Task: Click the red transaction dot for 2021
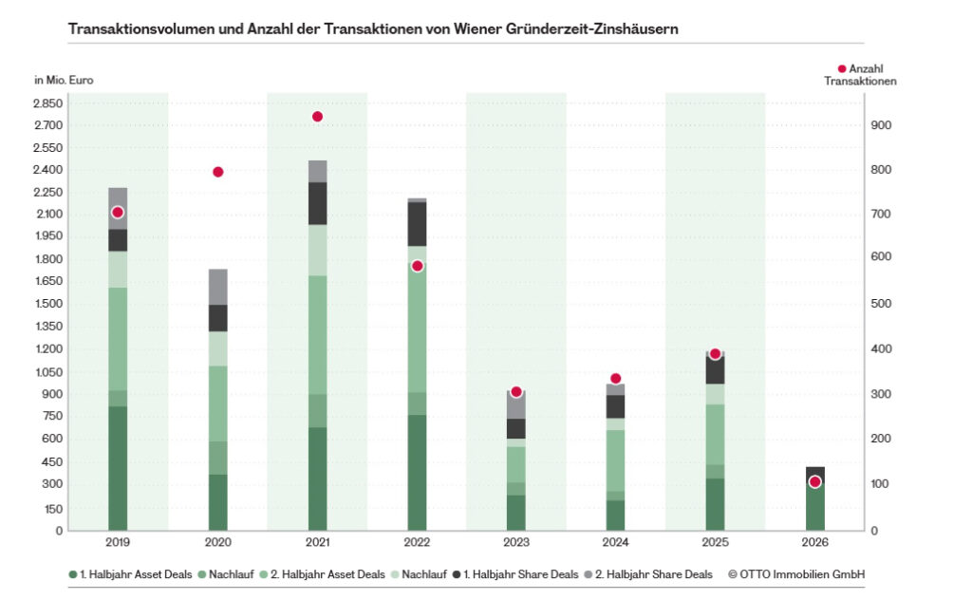tap(317, 117)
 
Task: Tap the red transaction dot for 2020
tap(217, 172)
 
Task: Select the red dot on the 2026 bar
tap(815, 481)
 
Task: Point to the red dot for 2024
tap(615, 378)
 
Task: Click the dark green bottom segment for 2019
tap(118, 468)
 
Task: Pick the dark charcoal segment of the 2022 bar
tap(418, 224)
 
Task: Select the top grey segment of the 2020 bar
tap(217, 287)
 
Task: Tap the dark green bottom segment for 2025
tap(716, 504)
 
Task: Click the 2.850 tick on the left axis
tap(48, 103)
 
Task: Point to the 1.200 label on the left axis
tap(48, 348)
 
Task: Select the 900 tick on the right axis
tap(881, 124)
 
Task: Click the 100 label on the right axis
tap(881, 483)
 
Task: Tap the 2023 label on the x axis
tap(516, 542)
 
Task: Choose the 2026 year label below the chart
tap(815, 542)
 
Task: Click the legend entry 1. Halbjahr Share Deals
tap(515, 574)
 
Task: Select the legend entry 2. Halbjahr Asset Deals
tap(323, 574)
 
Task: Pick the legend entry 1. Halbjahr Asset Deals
tap(130, 574)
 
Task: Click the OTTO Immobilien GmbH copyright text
tap(796, 574)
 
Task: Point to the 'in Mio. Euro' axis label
tap(64, 80)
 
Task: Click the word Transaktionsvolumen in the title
tap(141, 29)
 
